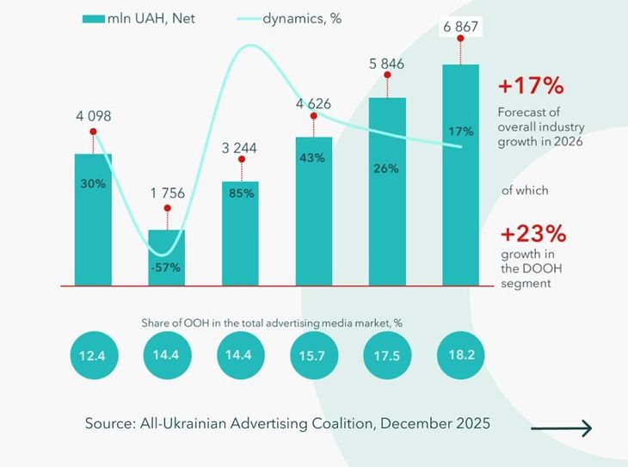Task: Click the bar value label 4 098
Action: click(x=93, y=116)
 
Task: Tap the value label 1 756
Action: click(x=167, y=194)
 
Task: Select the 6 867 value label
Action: click(x=460, y=28)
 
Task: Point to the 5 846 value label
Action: click(x=387, y=63)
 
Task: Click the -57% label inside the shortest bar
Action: click(x=166, y=267)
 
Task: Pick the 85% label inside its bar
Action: click(x=240, y=194)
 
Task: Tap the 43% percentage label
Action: click(x=313, y=158)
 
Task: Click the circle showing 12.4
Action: click(x=93, y=356)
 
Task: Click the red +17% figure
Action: click(x=531, y=87)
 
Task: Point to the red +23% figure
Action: click(x=531, y=233)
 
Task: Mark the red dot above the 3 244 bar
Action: click(x=240, y=168)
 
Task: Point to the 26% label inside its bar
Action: click(x=387, y=169)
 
